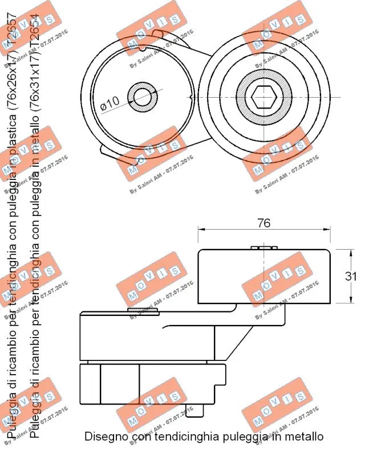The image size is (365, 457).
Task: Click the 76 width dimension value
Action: (x=263, y=223)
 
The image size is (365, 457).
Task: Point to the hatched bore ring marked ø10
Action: (x=142, y=98)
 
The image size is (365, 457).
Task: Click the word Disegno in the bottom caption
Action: (x=106, y=436)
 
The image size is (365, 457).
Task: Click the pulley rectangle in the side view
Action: (x=264, y=277)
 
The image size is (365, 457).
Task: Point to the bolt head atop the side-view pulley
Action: (x=264, y=247)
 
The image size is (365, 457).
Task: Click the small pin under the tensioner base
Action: (x=206, y=409)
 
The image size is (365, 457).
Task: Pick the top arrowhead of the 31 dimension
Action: (x=349, y=252)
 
